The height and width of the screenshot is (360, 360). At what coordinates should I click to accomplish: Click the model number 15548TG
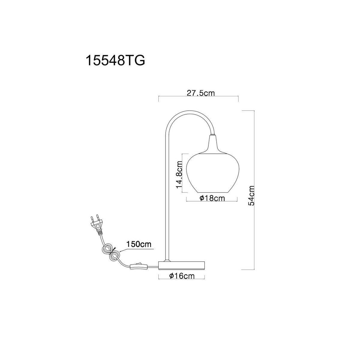point(115,60)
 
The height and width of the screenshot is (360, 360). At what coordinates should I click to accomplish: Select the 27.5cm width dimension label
point(201,93)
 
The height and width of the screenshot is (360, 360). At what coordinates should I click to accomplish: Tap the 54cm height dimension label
point(251,195)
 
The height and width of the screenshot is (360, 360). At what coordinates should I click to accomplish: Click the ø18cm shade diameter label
point(212,198)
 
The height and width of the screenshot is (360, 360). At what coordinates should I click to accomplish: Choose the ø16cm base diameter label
point(182,276)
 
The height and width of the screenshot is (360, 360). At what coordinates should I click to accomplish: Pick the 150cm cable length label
point(139,244)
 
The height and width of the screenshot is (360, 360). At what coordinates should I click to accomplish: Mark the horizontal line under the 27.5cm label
point(199,97)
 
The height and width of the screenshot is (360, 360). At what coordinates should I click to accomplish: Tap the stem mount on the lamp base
point(166,260)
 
